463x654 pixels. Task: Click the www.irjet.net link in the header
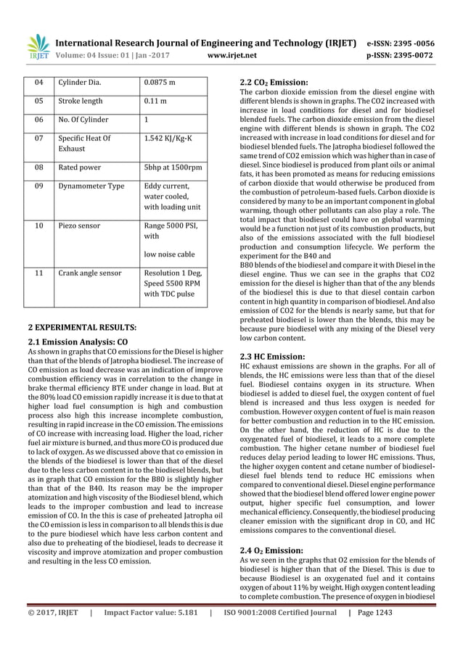point(230,54)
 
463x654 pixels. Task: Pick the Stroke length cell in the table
point(81,102)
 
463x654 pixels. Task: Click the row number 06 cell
point(36,120)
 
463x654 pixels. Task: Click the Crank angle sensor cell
point(90,275)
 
